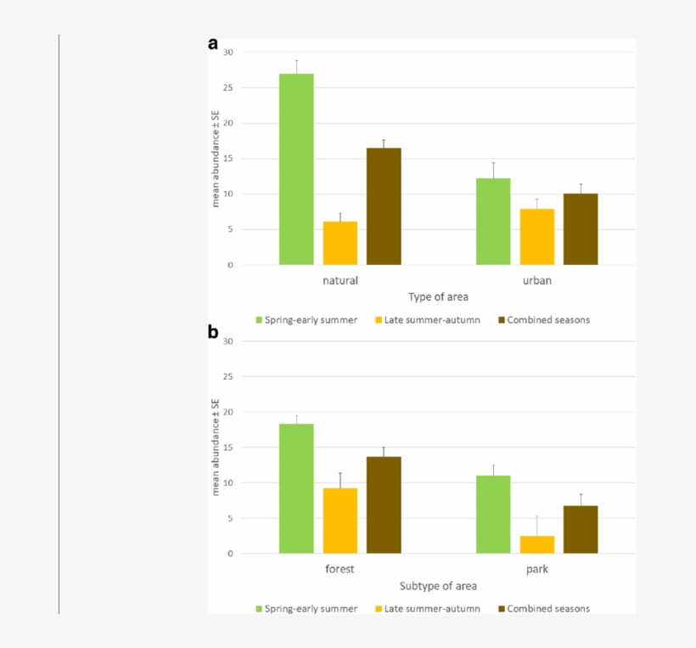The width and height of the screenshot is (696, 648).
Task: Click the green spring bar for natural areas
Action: [296, 169]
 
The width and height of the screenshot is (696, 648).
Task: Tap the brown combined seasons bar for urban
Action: [581, 229]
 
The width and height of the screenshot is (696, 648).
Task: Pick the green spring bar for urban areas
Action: [493, 222]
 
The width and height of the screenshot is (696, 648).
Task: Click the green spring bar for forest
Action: [296, 488]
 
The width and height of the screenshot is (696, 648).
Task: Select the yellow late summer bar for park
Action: [536, 544]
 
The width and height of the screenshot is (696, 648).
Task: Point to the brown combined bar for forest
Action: [384, 504]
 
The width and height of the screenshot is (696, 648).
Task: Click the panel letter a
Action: [213, 44]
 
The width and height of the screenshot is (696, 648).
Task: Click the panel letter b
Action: [213, 331]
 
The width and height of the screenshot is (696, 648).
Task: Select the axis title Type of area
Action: [438, 297]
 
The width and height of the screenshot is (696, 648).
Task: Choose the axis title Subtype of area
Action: [438, 586]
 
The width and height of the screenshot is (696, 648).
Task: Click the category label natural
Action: [340, 279]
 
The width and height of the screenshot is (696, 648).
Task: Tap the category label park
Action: [536, 569]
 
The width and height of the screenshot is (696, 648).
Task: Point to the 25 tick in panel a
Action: [227, 87]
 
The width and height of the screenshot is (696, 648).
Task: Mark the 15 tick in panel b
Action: [227, 448]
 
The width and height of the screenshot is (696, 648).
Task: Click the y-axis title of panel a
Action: [216, 158]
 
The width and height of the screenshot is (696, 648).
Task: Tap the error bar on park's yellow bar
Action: [536, 526]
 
